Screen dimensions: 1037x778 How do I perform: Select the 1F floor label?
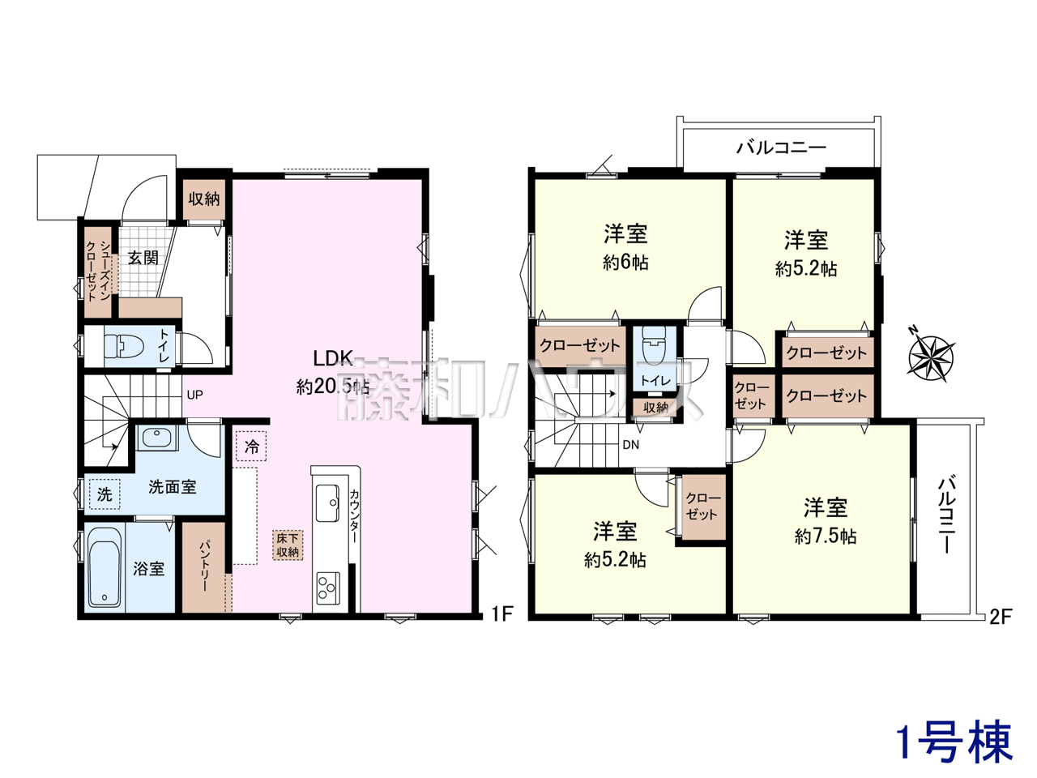501,614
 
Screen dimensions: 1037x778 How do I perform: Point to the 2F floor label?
1001,617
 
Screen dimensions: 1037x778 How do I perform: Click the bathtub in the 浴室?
105,572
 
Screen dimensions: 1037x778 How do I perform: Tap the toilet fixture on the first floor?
124,347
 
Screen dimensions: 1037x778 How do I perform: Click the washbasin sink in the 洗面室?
157,438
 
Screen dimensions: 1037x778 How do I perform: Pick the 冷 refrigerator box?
251,447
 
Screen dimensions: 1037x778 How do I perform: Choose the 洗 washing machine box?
105,494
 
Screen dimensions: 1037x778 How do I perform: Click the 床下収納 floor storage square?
288,545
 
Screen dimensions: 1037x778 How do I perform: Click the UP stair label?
194,395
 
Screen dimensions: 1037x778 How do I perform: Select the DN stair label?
630,445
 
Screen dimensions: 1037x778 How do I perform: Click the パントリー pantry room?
203,566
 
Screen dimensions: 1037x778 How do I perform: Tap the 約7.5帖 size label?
825,537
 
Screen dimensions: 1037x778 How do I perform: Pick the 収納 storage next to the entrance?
203,199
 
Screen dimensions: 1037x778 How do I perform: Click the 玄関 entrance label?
143,259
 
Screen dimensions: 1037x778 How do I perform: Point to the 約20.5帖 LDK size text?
333,387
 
